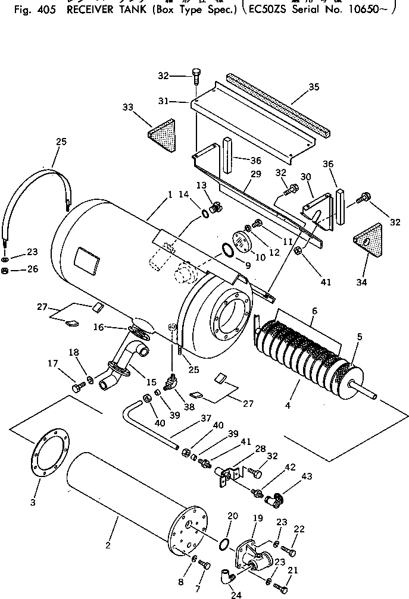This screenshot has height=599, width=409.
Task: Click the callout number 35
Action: [x=314, y=87]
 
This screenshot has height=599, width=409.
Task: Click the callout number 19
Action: [x=257, y=519]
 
